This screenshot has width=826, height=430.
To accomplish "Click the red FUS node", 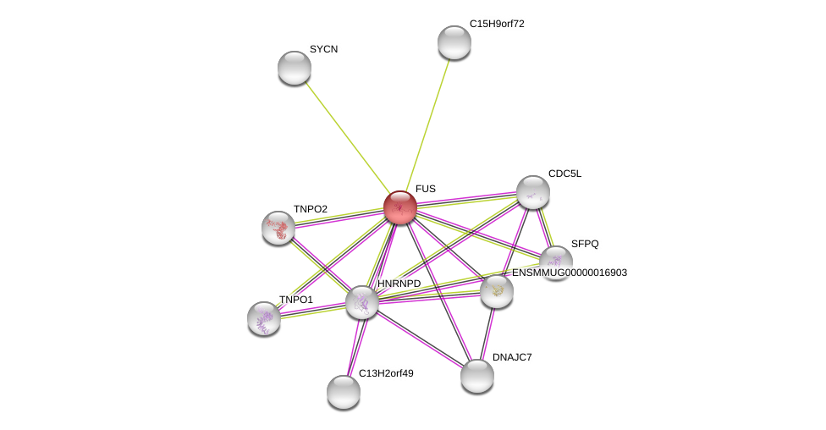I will click(400, 207).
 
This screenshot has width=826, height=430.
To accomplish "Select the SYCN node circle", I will click(295, 68).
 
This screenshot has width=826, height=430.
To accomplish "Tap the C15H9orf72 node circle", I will click(454, 42).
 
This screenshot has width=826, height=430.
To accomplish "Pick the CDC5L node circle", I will click(533, 192).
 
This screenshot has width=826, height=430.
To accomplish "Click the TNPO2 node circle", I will click(278, 228).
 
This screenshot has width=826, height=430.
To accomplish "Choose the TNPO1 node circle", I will click(264, 318).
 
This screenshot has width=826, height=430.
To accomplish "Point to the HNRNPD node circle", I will click(362, 302).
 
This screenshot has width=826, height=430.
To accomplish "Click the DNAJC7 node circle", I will click(477, 376).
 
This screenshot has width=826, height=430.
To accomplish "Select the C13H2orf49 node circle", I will click(344, 392).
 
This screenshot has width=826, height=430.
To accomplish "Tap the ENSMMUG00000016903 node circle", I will click(497, 291).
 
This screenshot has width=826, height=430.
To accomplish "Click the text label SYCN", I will click(323, 49).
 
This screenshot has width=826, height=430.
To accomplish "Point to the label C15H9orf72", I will click(497, 24).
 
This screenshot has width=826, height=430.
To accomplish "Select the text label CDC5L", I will click(564, 174).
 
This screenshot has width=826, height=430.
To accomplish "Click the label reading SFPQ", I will click(584, 244).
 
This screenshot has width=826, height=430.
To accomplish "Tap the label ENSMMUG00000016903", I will click(570, 273).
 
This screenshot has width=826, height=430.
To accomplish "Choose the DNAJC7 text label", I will click(512, 357).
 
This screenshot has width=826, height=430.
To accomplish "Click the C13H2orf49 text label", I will click(386, 373).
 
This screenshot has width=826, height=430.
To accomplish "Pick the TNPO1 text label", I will click(296, 300).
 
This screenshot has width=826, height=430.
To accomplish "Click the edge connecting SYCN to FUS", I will click(347, 137).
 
